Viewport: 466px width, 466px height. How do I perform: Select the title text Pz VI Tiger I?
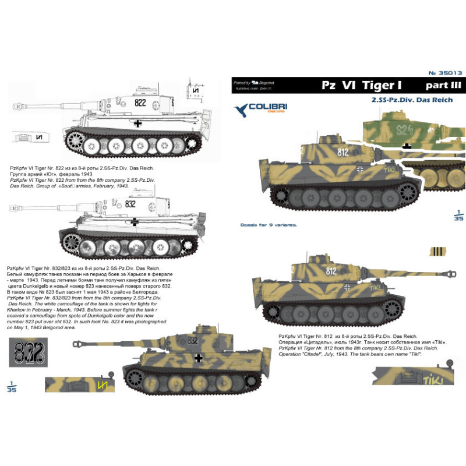(x=358, y=85)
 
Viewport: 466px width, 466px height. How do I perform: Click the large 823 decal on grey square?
(x=24, y=351)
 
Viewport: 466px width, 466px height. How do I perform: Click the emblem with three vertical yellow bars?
(x=436, y=252)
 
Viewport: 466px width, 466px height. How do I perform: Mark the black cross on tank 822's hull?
(x=137, y=123)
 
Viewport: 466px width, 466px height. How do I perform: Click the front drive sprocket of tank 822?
(x=74, y=140)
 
